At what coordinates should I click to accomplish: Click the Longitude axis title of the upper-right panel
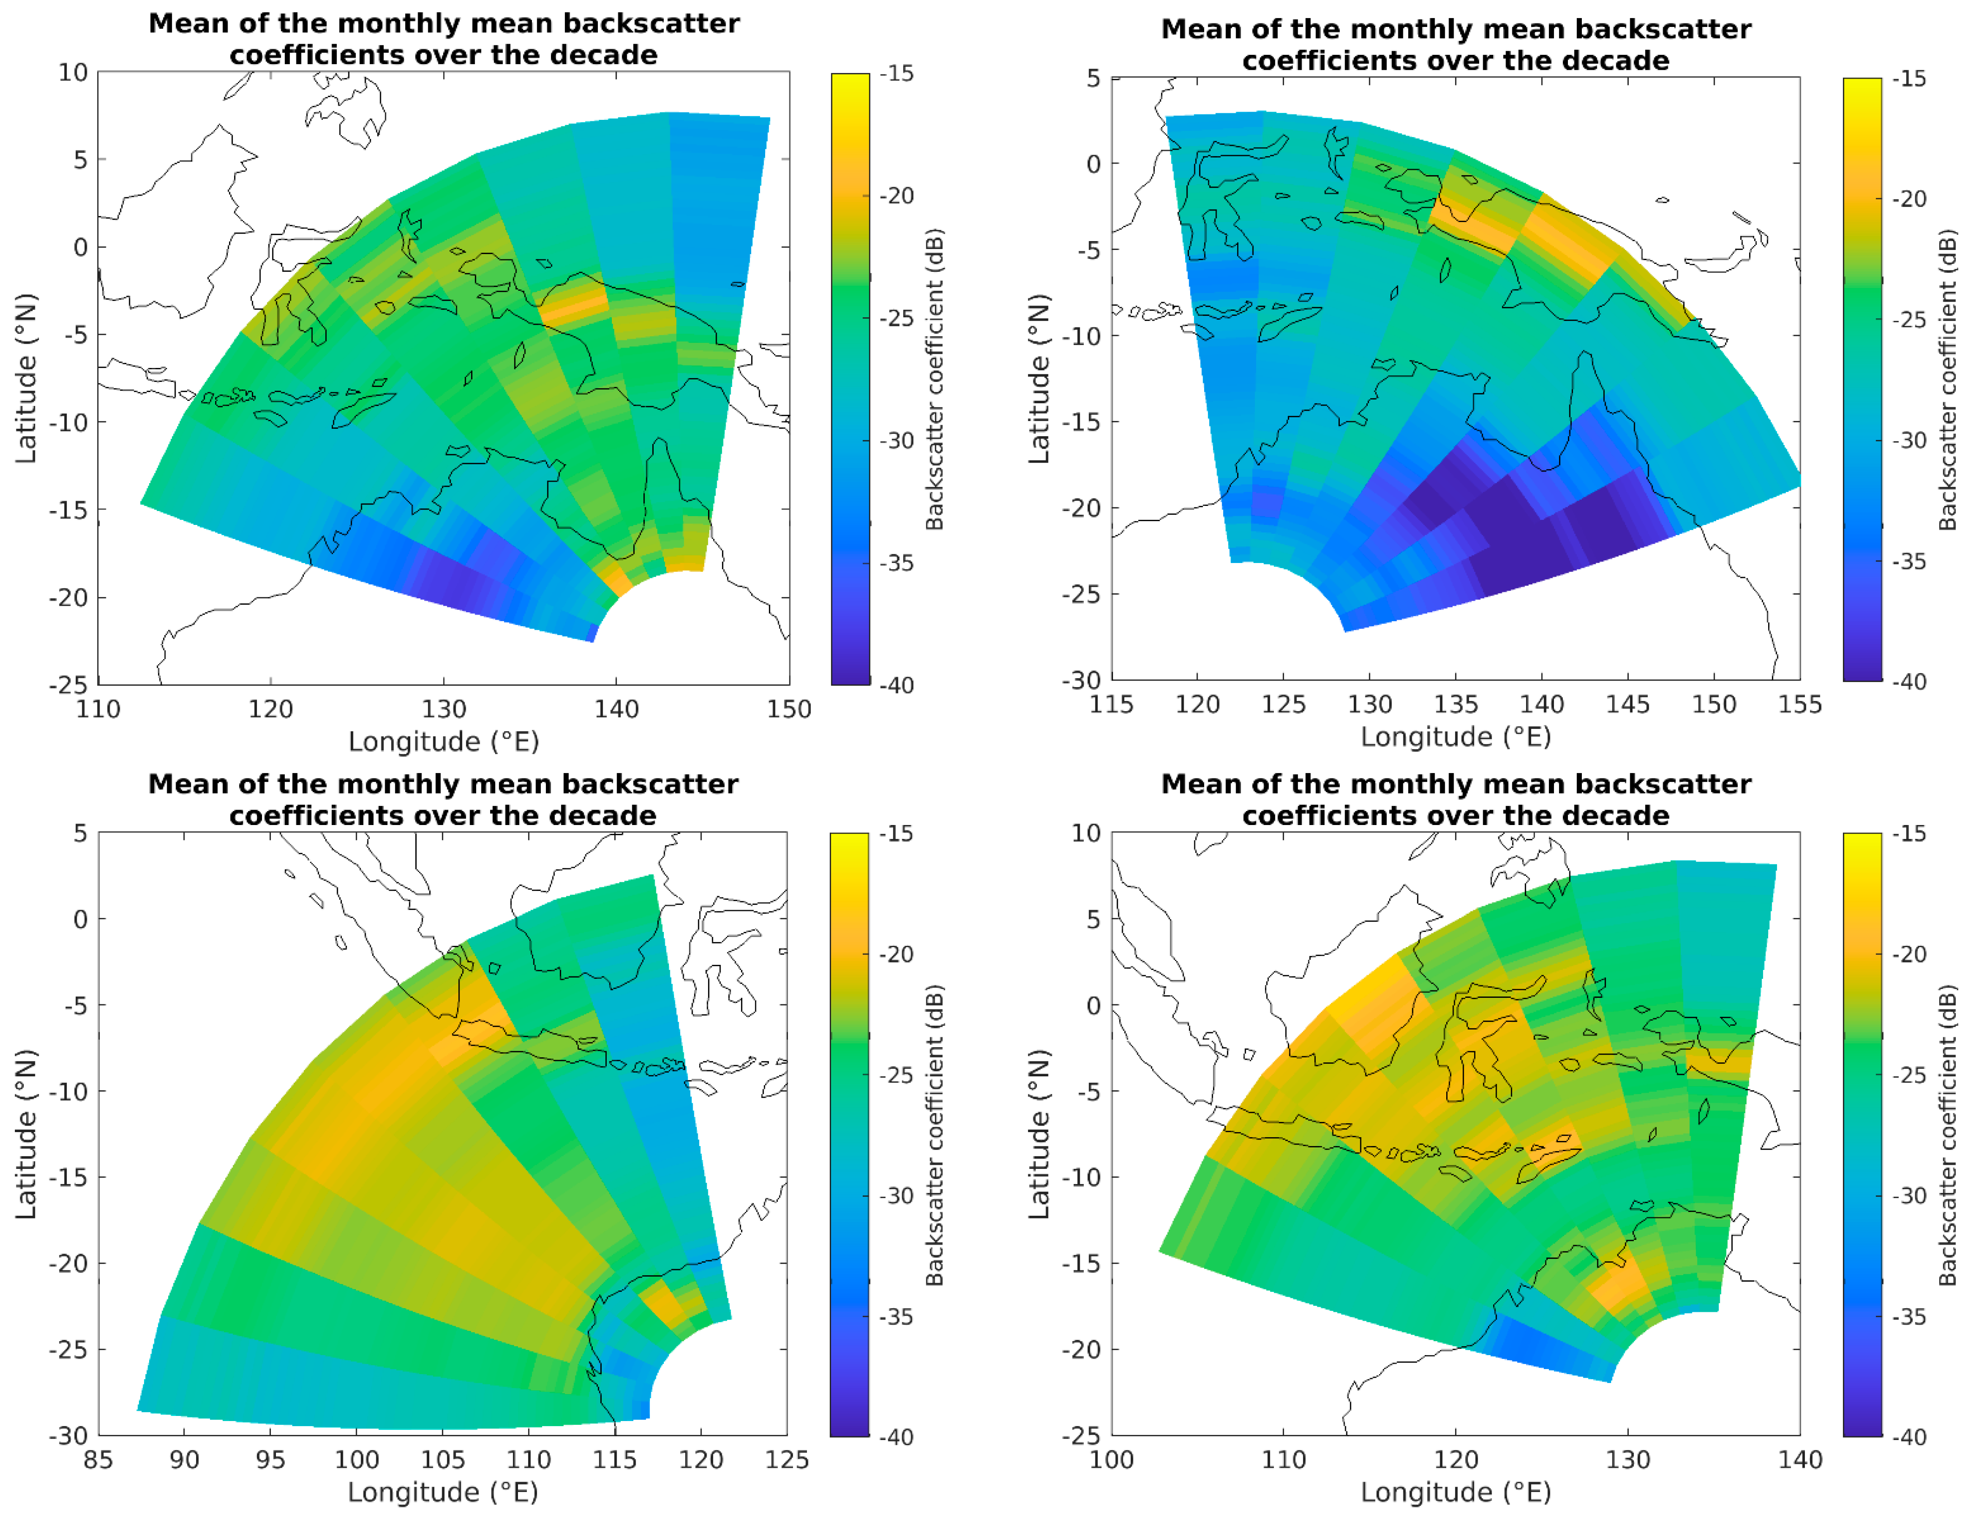pos(1455,736)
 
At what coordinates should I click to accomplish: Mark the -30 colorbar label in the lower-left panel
pos(896,1195)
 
